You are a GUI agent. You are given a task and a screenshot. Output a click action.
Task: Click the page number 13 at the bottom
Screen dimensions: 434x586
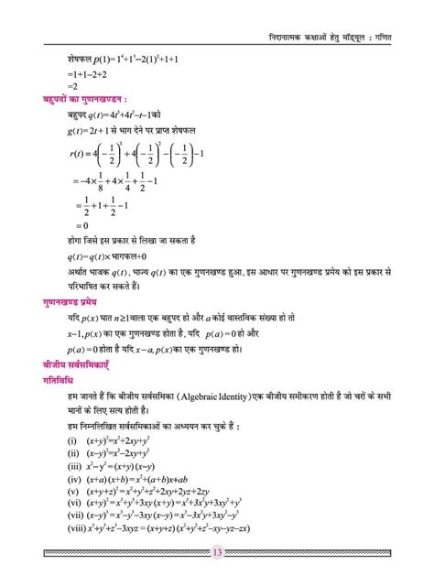(217, 552)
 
